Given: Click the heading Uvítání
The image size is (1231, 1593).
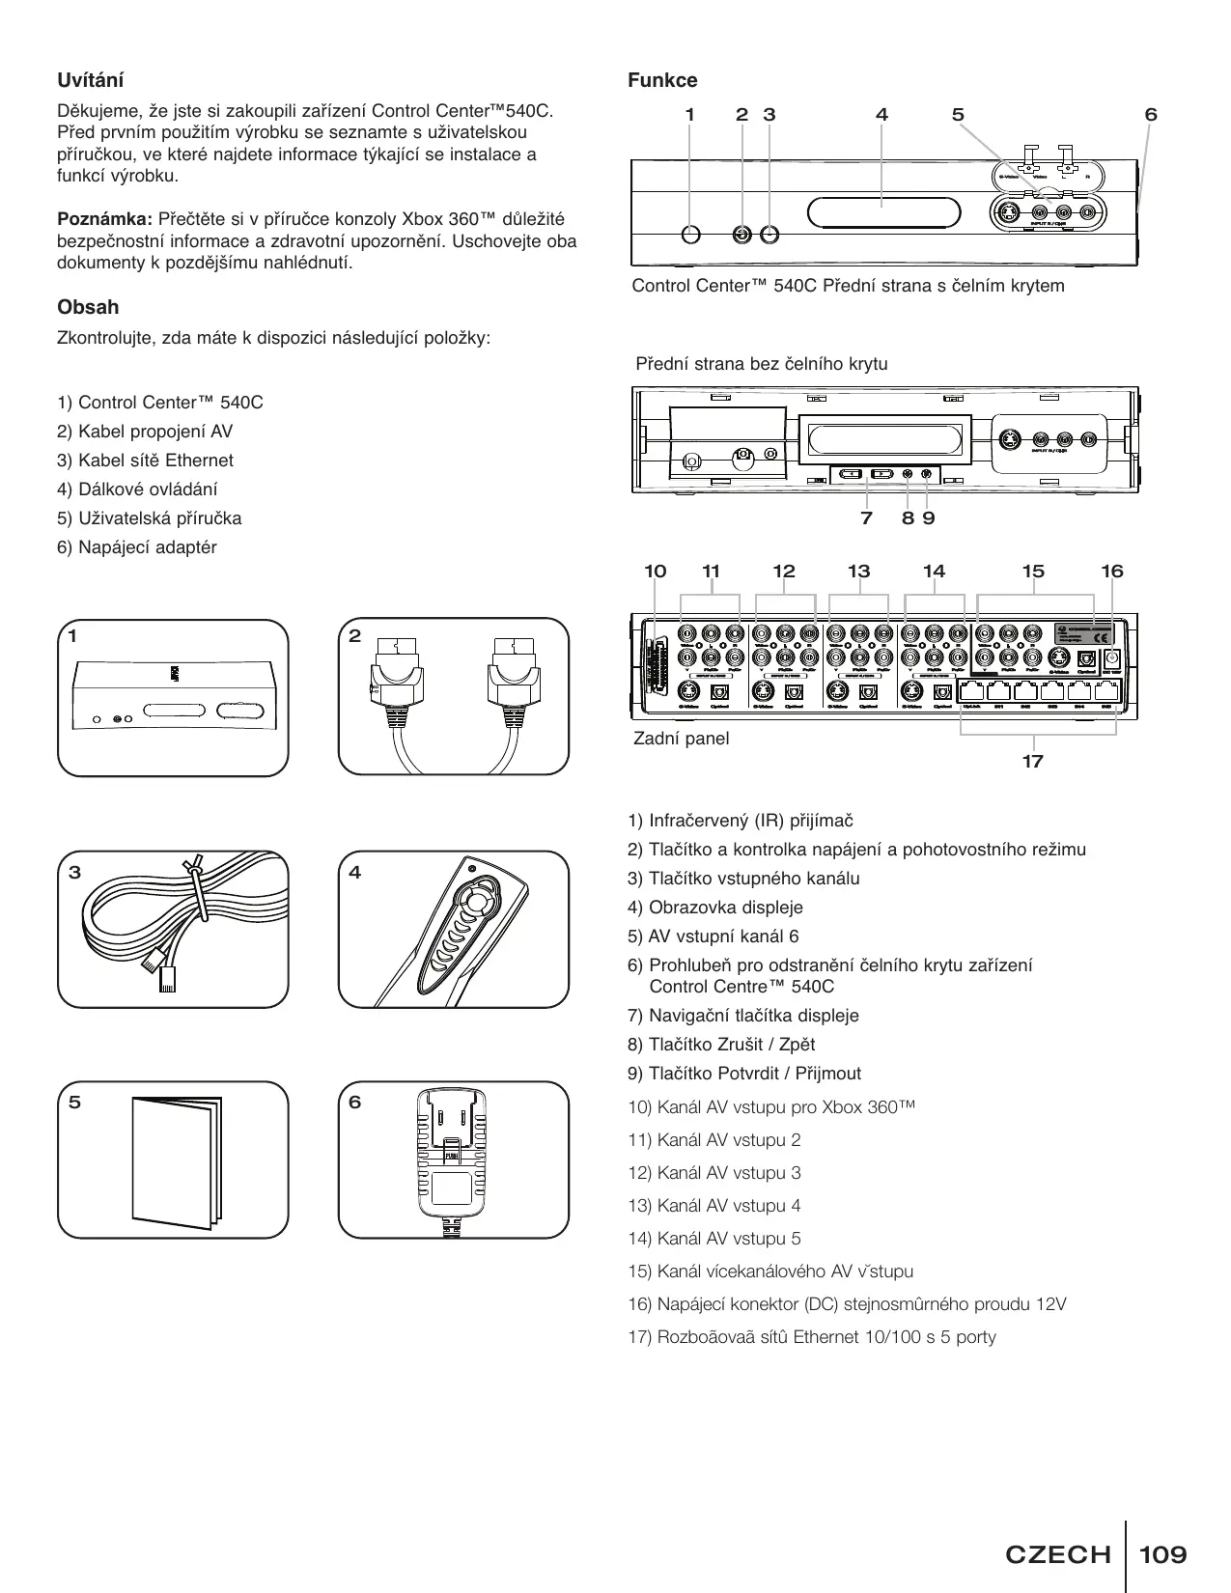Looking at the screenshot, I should pyautogui.click(x=91, y=80).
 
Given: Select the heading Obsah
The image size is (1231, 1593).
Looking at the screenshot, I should pyautogui.click(x=88, y=307).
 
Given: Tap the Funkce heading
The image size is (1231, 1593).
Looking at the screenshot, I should pyautogui.click(x=662, y=80).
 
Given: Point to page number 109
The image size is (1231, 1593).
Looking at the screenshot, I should pyautogui.click(x=1162, y=1554).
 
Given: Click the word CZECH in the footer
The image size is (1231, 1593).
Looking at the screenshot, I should pyautogui.click(x=1058, y=1554).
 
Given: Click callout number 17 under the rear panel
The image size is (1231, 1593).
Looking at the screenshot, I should pyautogui.click(x=1032, y=762).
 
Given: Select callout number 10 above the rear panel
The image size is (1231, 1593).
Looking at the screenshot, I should pyautogui.click(x=655, y=572).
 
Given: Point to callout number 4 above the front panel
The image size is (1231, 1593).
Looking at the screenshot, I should pyautogui.click(x=881, y=114).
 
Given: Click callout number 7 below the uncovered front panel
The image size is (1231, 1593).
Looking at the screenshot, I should pyautogui.click(x=866, y=518).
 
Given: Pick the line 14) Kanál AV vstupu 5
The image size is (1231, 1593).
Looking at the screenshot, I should pyautogui.click(x=714, y=1239).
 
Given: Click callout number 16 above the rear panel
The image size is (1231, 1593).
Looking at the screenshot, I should pyautogui.click(x=1112, y=572).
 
